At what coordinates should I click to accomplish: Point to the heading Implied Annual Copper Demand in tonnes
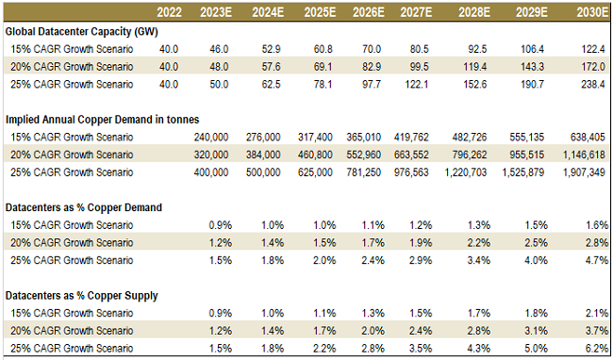(x=101, y=121)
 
